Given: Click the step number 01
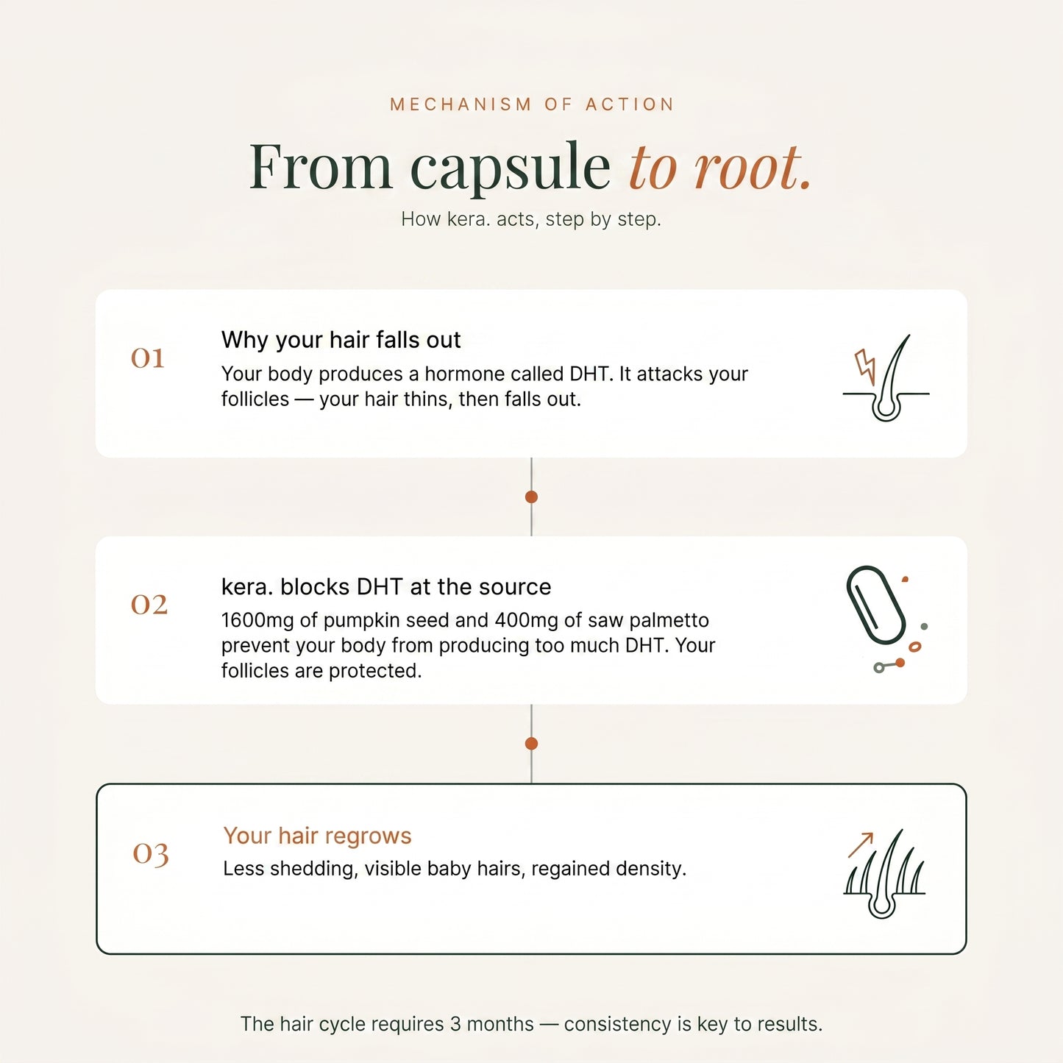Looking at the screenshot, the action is tap(148, 358).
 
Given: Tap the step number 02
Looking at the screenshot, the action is tap(149, 605).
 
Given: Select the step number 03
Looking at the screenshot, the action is tap(151, 855).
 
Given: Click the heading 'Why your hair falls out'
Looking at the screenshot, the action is tap(341, 341).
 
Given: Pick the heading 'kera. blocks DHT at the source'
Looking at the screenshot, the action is tap(386, 587).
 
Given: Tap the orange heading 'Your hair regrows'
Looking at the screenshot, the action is tap(317, 836).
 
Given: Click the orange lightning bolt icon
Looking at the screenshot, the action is tap(865, 366).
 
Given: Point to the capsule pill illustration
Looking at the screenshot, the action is tap(875, 605).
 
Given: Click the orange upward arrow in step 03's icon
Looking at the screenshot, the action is tap(861, 845).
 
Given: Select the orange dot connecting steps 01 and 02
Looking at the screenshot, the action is tap(531, 497).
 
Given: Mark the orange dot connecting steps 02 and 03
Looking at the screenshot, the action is tap(531, 744).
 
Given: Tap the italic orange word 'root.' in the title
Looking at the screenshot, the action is tap(753, 167).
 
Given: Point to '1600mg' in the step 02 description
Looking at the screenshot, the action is tap(258, 621).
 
